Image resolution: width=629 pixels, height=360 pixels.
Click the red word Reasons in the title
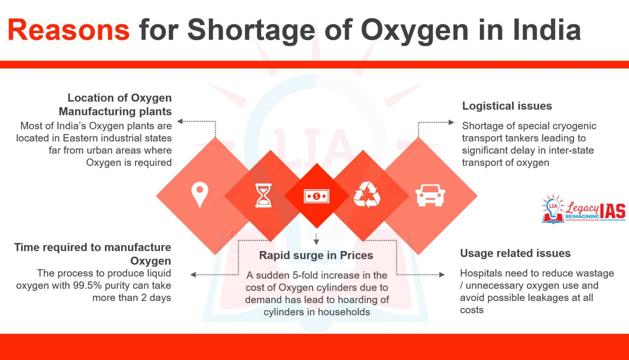click(x=68, y=30)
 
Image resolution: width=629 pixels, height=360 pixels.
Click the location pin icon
click(x=199, y=195)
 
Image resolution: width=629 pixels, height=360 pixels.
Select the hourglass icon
click(x=263, y=195)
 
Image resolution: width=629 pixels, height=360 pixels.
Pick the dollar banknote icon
click(x=316, y=196)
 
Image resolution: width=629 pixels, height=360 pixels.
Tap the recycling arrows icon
click(x=367, y=195)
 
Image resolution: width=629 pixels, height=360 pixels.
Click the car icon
click(x=430, y=195)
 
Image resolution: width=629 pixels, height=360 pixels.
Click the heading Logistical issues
click(x=507, y=106)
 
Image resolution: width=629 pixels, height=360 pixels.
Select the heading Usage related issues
click(x=515, y=254)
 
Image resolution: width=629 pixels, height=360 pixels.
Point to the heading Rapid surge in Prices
click(x=316, y=256)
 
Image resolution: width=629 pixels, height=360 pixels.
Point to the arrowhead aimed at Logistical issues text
click(x=451, y=122)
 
